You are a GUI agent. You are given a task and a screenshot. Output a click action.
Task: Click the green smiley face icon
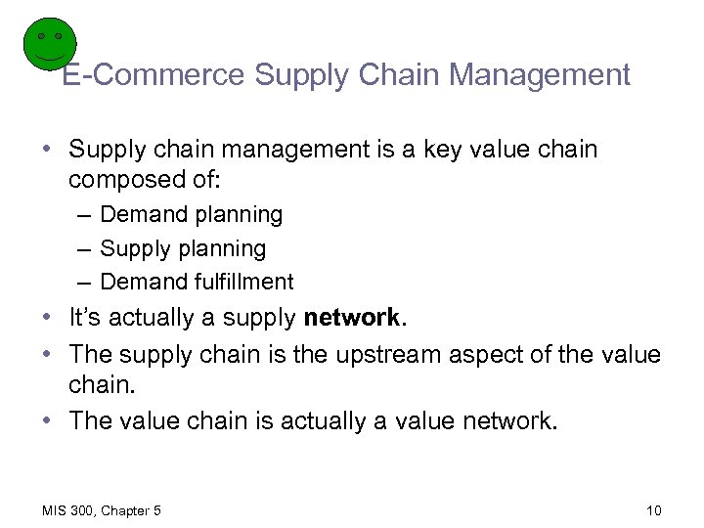[49, 45]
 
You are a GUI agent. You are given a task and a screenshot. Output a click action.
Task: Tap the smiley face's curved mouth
[49, 59]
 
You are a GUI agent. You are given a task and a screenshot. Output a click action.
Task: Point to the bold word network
[351, 318]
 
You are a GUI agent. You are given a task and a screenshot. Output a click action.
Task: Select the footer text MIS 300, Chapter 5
[102, 510]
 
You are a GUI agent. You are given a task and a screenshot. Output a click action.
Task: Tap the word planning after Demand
[239, 214]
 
